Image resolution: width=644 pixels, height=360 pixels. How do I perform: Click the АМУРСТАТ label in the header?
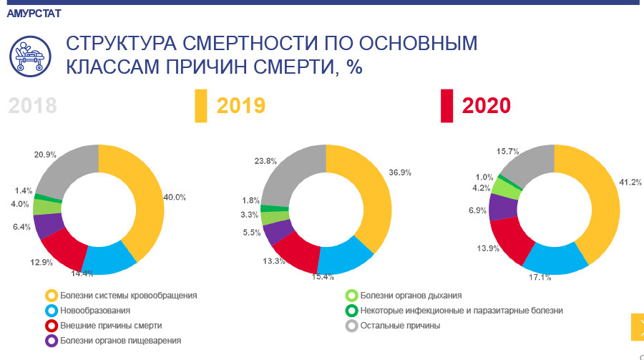point(34,14)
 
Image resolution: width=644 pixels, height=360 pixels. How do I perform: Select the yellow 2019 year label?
point(241,106)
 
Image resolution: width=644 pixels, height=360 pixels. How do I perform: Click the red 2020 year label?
point(487,106)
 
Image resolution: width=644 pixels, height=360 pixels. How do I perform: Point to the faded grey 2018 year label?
point(32,106)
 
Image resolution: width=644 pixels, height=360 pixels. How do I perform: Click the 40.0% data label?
point(175,198)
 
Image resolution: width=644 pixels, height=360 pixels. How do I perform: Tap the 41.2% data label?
point(630,183)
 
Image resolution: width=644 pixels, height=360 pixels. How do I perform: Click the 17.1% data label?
point(540,276)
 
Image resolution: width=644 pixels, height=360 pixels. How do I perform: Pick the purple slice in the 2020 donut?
point(504,206)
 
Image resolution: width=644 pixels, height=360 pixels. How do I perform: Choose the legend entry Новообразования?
point(95,311)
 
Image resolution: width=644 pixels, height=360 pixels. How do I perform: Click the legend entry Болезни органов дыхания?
point(411,295)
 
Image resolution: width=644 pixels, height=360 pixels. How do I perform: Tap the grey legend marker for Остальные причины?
point(351,326)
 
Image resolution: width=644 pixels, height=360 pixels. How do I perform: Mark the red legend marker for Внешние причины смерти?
point(51,326)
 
